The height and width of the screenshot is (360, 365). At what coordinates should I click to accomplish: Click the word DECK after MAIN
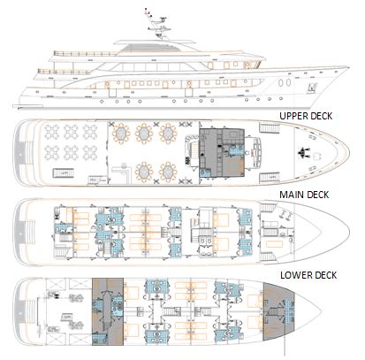318,195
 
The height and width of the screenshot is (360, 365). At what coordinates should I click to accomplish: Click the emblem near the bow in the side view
312,88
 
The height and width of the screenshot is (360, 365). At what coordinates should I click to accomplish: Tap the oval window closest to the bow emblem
289,82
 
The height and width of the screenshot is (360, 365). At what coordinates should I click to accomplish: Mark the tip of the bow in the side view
349,67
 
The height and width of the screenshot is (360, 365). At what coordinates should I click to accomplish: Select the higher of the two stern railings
86,54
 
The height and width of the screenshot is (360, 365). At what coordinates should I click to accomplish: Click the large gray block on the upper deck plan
222,152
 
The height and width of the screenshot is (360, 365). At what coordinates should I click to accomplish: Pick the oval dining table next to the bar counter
144,172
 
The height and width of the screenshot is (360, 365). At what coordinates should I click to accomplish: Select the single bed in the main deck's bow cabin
274,244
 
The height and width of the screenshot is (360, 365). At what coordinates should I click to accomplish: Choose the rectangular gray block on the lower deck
108,311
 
